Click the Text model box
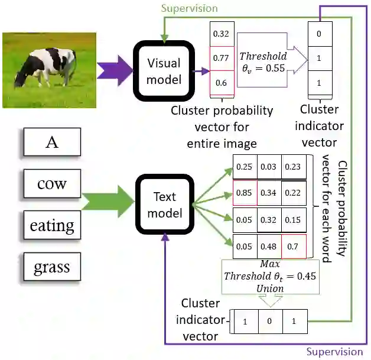(165, 204)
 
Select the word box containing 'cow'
(52, 184)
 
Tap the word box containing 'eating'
(52, 225)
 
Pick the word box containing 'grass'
(52, 267)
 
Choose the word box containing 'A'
(52, 142)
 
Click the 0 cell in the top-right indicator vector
(319, 34)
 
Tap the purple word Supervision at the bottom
(334, 352)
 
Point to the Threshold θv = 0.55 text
(263, 61)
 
